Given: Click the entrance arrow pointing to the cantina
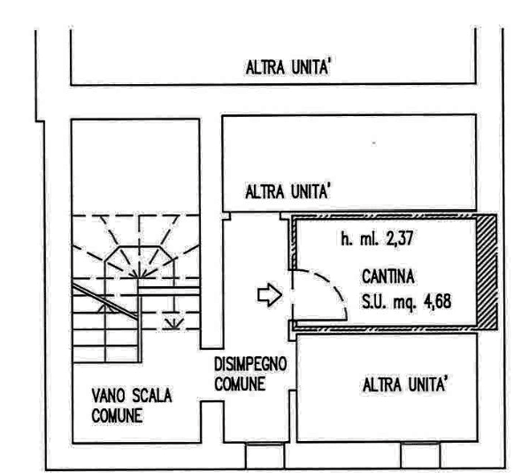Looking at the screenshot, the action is pos(270,295).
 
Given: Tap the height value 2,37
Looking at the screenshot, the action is pos(400,238).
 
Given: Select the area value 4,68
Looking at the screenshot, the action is pos(438,301).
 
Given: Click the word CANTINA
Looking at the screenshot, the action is pos(388,276).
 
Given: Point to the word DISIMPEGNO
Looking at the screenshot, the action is pos(250,364).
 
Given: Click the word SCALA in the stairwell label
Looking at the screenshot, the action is pos(152,396).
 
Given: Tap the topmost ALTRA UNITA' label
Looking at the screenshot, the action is pos(287,67).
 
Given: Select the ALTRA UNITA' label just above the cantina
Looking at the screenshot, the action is pos(287,192).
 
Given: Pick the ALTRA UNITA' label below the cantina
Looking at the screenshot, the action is pos(405,384).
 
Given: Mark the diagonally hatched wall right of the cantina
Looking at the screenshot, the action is pos(487,272).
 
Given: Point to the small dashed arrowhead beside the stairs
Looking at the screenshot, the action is pos(173,323).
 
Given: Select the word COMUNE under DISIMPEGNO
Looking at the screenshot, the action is pos(240,384).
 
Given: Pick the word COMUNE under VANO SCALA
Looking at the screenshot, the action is pos(117,415).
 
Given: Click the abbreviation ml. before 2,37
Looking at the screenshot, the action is pos(370,239).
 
